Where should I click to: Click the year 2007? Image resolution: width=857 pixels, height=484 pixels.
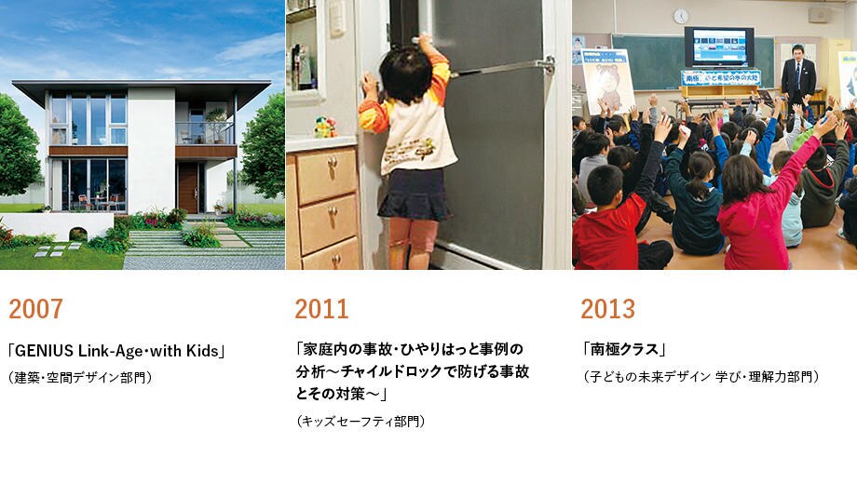click(36, 309)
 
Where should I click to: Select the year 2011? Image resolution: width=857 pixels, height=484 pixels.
click(322, 309)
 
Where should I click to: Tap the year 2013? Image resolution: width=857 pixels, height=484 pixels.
click(607, 309)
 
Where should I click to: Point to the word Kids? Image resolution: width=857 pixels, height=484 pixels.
click(202, 351)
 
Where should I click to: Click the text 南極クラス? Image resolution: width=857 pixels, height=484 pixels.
click(624, 348)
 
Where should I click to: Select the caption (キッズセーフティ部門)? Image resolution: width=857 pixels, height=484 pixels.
click(360, 422)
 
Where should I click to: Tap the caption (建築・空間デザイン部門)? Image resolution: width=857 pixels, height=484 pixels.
click(80, 377)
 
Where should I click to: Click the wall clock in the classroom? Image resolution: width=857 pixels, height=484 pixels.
click(681, 16)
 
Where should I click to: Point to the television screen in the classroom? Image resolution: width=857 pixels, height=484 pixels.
click(719, 47)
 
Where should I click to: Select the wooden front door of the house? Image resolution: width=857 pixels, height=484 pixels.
click(188, 188)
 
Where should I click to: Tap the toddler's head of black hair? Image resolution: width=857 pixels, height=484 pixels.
click(405, 74)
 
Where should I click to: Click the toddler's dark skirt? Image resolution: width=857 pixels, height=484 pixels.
click(415, 195)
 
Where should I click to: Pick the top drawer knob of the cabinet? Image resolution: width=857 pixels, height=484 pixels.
click(332, 163)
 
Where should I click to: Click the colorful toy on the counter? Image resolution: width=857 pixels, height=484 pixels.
click(325, 128)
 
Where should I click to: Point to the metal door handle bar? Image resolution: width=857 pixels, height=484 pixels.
click(502, 68)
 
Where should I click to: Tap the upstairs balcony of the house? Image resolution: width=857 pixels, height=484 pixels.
click(205, 133)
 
